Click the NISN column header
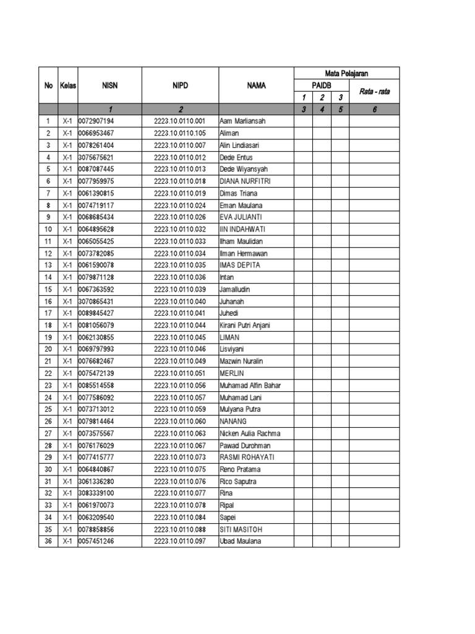click(x=109, y=85)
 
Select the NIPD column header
click(x=180, y=85)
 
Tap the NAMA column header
click(x=256, y=85)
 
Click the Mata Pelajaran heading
click(x=346, y=74)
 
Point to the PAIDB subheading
click(x=322, y=85)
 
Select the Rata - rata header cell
click(x=374, y=92)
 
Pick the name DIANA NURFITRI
click(x=245, y=181)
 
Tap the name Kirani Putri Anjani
click(x=245, y=325)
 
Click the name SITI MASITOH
click(x=242, y=529)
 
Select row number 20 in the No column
click(x=48, y=349)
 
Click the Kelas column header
click(x=68, y=85)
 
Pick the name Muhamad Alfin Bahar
click(x=250, y=385)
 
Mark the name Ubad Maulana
click(x=240, y=541)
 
